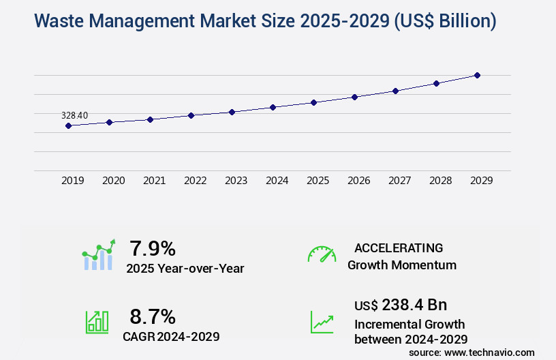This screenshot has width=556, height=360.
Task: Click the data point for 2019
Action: pyautogui.click(x=68, y=125)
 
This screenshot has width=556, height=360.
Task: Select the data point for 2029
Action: pyautogui.click(x=477, y=75)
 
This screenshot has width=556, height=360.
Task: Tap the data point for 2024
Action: pyautogui.click(x=273, y=107)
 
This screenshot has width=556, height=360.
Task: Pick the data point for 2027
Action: pyautogui.click(x=395, y=91)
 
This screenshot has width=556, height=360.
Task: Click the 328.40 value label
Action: pyautogui.click(x=74, y=115)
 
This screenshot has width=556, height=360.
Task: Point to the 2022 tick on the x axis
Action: pyautogui.click(x=195, y=181)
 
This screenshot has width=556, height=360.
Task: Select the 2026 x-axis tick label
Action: pyautogui.click(x=358, y=181)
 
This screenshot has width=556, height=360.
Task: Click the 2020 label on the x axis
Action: pyautogui.click(x=113, y=181)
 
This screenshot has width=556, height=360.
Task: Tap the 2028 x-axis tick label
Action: pyautogui.click(x=440, y=181)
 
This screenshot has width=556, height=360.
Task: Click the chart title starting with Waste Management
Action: pyautogui.click(x=265, y=21)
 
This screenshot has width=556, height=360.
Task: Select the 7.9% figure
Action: pyautogui.click(x=153, y=248)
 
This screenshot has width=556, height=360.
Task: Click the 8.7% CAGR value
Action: pyautogui.click(x=153, y=316)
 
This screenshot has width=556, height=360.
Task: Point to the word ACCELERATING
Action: pyautogui.click(x=399, y=247)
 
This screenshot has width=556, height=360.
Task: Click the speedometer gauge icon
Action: pyautogui.click(x=322, y=254)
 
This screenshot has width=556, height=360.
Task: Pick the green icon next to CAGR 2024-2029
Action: pyautogui.click(x=97, y=322)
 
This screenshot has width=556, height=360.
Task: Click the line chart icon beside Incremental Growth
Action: pyautogui.click(x=322, y=322)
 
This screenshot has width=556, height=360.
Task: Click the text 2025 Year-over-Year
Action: pyautogui.click(x=185, y=269)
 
